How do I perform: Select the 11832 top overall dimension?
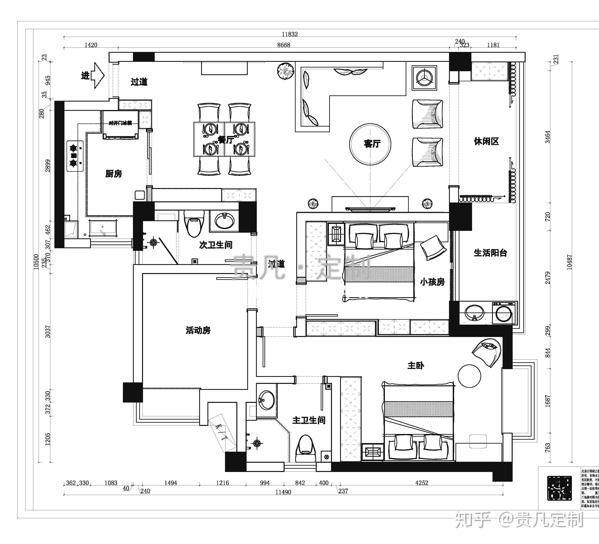click(290, 34)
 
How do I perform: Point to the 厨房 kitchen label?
click(113, 174)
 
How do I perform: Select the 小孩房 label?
click(432, 281)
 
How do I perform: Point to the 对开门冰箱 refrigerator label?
click(120, 123)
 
